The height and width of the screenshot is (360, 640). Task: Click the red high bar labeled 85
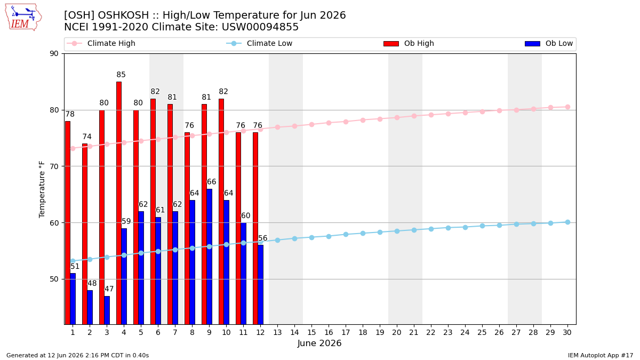[x=119, y=203]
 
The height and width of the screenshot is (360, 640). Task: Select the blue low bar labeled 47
[x=107, y=310]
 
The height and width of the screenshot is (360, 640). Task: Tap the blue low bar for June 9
[x=210, y=257]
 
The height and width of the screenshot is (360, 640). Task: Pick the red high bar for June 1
[x=68, y=222]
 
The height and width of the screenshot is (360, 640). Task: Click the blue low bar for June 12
[x=261, y=285]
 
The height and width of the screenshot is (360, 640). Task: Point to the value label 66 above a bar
[x=211, y=182]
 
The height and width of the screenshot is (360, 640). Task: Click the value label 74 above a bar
[x=87, y=137]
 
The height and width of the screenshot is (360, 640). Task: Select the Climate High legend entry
[x=101, y=43]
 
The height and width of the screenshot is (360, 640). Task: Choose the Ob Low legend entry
[x=549, y=43]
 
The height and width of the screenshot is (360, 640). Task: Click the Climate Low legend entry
[x=259, y=43]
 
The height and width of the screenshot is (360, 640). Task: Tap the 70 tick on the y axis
[x=54, y=166]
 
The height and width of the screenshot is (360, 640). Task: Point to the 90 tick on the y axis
[x=54, y=54]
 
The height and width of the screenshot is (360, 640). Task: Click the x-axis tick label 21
[x=414, y=332]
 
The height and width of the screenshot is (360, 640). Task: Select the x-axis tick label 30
[x=567, y=332]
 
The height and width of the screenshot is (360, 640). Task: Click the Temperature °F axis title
[x=42, y=190]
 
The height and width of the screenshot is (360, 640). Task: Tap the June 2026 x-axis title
[x=319, y=343]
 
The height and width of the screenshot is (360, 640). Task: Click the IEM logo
[x=23, y=18]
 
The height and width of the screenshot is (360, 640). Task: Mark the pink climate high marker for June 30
[x=567, y=107]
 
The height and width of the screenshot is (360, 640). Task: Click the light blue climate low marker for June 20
[x=397, y=231]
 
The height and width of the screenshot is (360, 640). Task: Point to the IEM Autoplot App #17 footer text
[x=601, y=355]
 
